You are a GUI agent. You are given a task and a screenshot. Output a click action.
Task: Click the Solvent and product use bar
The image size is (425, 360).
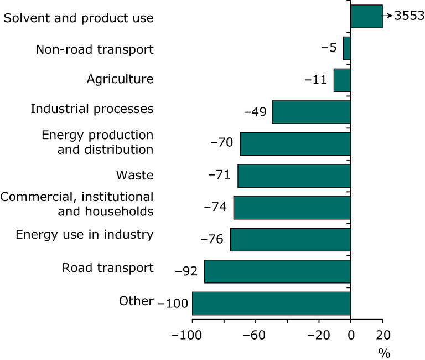366,17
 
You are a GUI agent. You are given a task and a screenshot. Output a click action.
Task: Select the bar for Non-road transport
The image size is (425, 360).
347,48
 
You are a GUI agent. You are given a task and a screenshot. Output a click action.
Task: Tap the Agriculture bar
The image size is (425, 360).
342,80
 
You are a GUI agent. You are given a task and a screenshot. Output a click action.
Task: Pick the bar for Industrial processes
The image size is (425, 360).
311,112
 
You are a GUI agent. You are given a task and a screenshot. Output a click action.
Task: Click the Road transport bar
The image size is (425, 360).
277,271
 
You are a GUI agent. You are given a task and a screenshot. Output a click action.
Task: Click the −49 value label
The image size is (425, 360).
256,112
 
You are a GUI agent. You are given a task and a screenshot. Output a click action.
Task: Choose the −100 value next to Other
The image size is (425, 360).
173,304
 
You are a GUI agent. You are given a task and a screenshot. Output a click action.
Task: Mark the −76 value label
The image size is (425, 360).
211,240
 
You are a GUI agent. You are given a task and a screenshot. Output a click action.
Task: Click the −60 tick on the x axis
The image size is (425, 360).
256,335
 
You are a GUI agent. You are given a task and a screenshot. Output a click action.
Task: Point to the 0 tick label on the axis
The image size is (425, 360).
350,335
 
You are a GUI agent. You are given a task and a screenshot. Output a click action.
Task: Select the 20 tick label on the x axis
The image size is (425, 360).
382,335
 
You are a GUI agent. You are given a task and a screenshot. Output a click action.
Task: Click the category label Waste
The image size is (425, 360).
134,176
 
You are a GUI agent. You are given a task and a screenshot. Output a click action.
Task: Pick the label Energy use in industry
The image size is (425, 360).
84,235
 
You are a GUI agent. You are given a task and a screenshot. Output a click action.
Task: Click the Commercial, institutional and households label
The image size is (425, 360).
77,204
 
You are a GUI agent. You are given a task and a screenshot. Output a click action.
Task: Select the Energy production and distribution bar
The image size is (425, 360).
295,144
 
